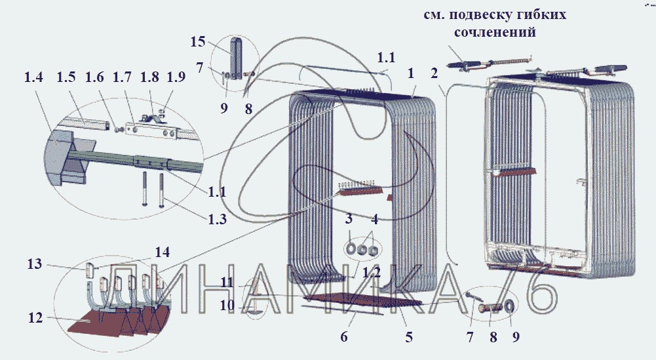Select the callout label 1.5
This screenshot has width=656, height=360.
pyautogui.click(x=66, y=77)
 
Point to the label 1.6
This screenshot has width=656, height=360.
pyautogui.click(x=94, y=77)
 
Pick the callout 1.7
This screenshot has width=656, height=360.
pyautogui.click(x=123, y=77)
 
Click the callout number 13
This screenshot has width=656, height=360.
pyautogui.click(x=35, y=264)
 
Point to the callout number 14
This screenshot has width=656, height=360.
pyautogui.click(x=161, y=252)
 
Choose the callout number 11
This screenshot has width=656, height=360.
pyautogui.click(x=228, y=283)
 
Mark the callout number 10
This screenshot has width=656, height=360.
pyautogui.click(x=228, y=305)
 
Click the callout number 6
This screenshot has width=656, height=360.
pyautogui.click(x=343, y=338)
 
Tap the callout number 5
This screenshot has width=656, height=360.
pyautogui.click(x=408, y=338)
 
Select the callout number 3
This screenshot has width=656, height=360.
pyautogui.click(x=349, y=218)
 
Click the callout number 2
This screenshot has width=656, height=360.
pyautogui.click(x=434, y=73)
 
